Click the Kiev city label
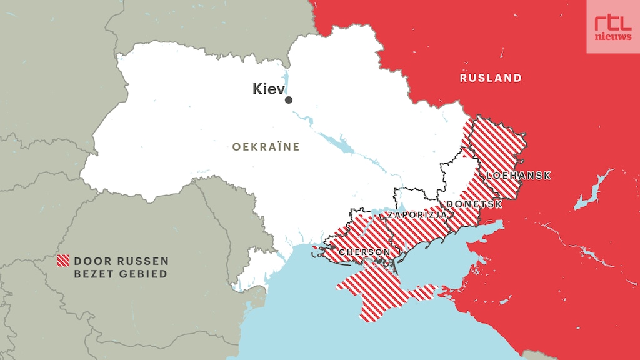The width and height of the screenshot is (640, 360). coord(267,89)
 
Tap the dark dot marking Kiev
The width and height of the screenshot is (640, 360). coord(288,100)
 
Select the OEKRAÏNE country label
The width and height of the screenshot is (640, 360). coord(266,147)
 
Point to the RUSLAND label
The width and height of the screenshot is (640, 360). coord(491,78)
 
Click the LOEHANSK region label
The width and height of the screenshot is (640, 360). coord(518,176)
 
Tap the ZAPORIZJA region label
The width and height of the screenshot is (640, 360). coord(417,215)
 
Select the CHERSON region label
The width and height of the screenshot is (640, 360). coord(364,252)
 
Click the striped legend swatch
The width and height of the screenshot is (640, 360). coord(62,261)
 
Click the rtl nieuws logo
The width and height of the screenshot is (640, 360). coord(612,27)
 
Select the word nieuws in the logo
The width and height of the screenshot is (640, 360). coord(612,36)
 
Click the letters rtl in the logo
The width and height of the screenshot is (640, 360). coord(612,22)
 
